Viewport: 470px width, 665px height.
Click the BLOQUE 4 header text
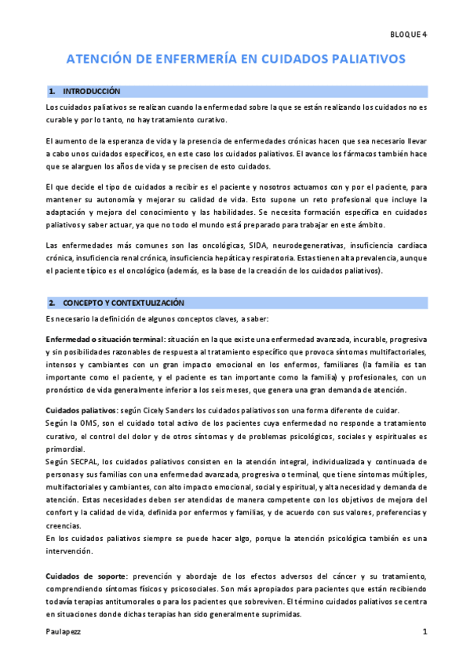pyautogui.click(x=408, y=35)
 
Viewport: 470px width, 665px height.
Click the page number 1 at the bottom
pyautogui.click(x=424, y=631)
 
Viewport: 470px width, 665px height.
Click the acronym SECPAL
pyautogui.click(x=82, y=462)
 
